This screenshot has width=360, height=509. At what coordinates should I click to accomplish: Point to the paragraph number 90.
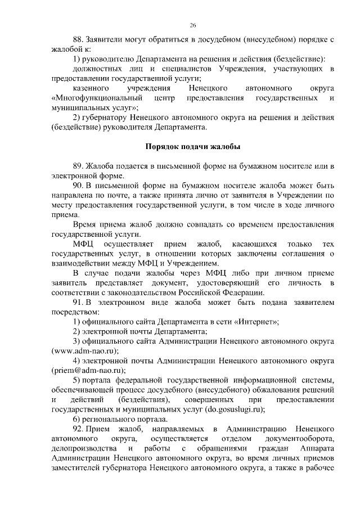point(78,186)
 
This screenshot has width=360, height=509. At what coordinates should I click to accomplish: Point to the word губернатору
point(110,118)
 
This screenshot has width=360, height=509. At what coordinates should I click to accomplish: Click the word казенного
point(92,88)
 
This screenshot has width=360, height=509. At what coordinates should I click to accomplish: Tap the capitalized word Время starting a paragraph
point(84,225)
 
